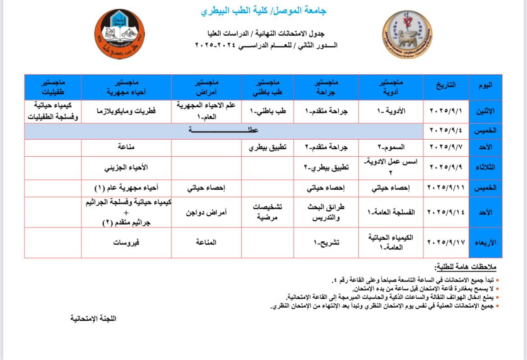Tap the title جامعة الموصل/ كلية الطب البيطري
(x=263, y=11)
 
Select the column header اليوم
(x=485, y=85)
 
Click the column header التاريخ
(x=446, y=85)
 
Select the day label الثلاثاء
(x=485, y=167)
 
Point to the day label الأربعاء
(x=485, y=242)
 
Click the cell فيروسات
(x=127, y=242)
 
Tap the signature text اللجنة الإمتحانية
(x=94, y=318)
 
